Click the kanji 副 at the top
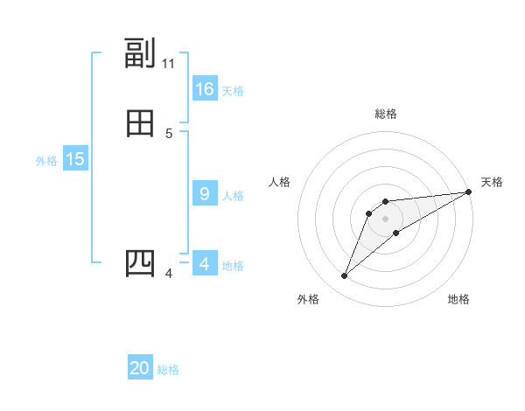[140, 54]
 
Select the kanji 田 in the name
[140, 124]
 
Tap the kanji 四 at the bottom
[140, 263]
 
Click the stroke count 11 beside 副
[169, 64]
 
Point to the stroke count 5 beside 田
[169, 134]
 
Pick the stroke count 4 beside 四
[169, 274]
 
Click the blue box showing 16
[205, 89]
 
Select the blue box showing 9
[205, 194]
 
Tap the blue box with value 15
[75, 159]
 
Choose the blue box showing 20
[140, 368]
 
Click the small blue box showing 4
[205, 264]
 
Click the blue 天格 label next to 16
[233, 91]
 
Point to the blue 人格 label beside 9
[233, 196]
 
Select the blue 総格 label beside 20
[168, 370]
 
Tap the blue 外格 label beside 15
[46, 161]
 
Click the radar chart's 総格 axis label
[386, 114]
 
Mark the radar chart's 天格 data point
[468, 192]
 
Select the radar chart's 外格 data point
[345, 276]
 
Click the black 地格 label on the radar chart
[458, 299]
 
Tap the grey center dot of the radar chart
[386, 219]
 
